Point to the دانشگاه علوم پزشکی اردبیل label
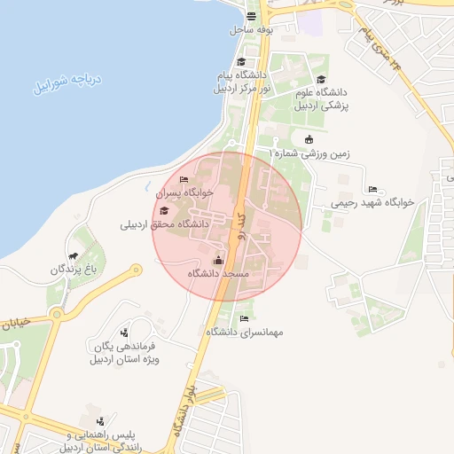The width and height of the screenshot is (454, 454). [323, 98]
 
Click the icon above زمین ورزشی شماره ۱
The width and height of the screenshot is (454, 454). [308, 138]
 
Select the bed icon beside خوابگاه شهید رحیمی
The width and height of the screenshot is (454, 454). [372, 188]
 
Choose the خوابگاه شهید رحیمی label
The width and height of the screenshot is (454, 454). [372, 202]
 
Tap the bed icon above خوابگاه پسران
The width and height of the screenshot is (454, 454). [184, 179]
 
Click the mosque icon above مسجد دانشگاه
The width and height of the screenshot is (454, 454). [219, 260]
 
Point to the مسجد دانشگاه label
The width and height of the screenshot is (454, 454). [218, 274]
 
